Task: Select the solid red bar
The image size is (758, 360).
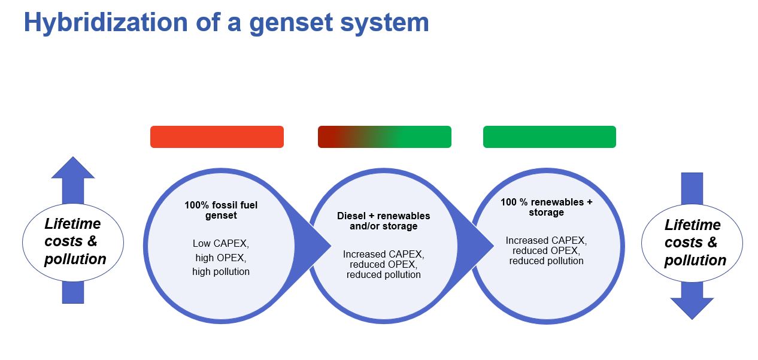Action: [217, 137]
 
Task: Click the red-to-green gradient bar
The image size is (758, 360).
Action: [384, 137]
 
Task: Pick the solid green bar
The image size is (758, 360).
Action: [549, 137]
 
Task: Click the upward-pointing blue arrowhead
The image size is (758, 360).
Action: [73, 168]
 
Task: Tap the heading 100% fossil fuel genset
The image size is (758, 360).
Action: [220, 210]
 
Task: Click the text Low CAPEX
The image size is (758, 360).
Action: [220, 244]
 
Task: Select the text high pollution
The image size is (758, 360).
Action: [220, 272]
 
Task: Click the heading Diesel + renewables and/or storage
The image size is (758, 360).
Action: [383, 220]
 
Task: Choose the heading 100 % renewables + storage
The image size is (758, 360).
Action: [546, 207]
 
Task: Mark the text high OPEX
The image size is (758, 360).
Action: [220, 258]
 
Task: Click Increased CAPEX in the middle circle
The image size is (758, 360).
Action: [383, 255]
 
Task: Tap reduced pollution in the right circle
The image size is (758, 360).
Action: [546, 261]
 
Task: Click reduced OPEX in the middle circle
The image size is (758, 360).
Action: [383, 265]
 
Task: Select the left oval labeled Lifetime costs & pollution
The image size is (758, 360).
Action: [73, 242]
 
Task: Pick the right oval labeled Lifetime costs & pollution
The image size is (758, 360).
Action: [692, 243]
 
